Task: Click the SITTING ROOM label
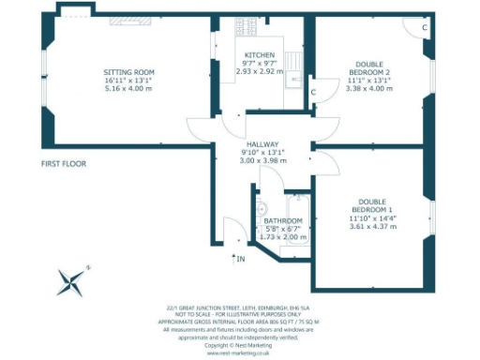pos(128,72)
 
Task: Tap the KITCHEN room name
pos(259,55)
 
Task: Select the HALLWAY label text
pos(263,144)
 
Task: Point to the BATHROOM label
pos(282,220)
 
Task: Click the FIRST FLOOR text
pos(64,164)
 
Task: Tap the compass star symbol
pos(72,280)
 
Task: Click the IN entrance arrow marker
pos(237,257)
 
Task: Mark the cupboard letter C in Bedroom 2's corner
pos(424,27)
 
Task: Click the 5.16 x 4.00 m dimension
pos(128,90)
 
